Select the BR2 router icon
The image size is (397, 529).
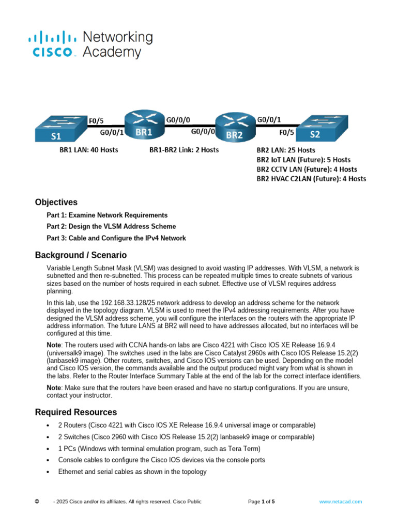[235, 129]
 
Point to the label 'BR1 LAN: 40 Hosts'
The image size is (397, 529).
[88, 150]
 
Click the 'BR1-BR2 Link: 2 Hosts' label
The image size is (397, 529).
[184, 150]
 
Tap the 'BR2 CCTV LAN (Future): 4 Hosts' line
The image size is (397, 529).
[307, 169]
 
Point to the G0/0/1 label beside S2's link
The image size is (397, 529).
[269, 120]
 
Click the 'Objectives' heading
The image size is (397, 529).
[56, 202]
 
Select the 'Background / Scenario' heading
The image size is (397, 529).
[81, 255]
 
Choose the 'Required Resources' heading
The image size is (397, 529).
[76, 412]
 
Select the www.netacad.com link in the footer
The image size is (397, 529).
[340, 501]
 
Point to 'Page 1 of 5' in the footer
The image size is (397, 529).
[262, 501]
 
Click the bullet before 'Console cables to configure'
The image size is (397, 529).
[48, 460]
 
